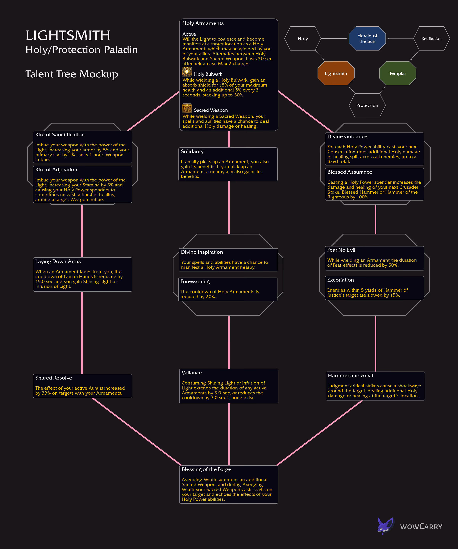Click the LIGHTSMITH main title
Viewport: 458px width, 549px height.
tap(68, 36)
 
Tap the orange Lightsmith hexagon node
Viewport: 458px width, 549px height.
tap(336, 73)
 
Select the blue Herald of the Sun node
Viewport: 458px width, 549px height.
tap(367, 39)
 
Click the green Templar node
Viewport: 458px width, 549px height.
tap(398, 73)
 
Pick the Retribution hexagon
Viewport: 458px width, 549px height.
tap(431, 39)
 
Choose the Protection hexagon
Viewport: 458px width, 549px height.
tap(367, 105)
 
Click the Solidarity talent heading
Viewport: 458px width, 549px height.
tap(192, 151)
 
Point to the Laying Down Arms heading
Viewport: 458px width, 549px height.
tap(58, 261)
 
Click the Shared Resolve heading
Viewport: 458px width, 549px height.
tap(54, 378)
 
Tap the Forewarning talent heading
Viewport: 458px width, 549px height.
tap(195, 282)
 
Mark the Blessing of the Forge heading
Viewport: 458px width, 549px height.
tap(206, 470)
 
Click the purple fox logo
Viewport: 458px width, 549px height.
tap(385, 526)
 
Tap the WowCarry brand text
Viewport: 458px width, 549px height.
tap(421, 527)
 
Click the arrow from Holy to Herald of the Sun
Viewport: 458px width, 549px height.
tap(334, 39)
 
